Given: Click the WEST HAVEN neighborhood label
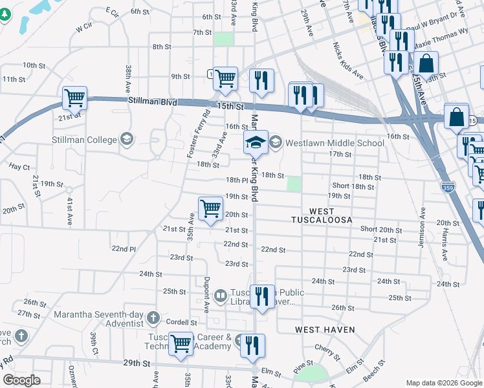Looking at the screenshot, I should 325,330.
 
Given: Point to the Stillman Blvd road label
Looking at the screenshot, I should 153,102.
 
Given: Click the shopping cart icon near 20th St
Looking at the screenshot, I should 210,209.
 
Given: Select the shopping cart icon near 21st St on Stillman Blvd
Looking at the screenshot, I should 74,98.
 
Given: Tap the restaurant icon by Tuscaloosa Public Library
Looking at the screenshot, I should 261,296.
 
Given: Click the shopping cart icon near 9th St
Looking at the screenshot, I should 225,78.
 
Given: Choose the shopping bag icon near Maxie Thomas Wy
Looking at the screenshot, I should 426,63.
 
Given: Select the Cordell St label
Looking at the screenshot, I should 181,322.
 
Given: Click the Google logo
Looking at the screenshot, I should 21,380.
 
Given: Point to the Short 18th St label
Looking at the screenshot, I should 353,186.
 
